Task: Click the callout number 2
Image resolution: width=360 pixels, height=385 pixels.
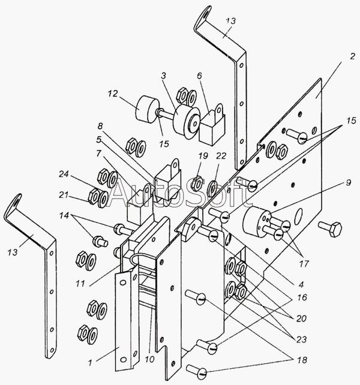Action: (352, 56)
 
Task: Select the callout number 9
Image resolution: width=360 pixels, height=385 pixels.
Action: (348, 183)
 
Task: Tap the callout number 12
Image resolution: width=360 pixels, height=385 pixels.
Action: (113, 94)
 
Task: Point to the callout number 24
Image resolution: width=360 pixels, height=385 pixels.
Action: (64, 175)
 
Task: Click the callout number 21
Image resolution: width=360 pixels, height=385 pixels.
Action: (64, 195)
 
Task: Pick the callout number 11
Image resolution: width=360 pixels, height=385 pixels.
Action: (80, 284)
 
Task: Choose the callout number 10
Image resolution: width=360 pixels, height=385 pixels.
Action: (149, 359)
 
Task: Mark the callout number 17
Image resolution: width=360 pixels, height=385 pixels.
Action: (304, 264)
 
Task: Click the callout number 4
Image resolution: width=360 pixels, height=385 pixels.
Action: (301, 285)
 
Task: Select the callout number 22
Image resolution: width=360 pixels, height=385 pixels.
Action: (221, 156)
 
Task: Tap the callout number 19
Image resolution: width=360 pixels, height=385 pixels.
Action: (203, 156)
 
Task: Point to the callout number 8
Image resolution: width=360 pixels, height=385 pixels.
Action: (100, 126)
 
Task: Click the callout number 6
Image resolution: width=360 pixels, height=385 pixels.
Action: (199, 76)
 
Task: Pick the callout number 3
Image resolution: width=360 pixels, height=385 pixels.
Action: (164, 76)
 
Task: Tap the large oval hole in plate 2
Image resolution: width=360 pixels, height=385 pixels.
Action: (299, 216)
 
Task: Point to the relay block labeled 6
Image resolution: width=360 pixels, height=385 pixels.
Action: (213, 125)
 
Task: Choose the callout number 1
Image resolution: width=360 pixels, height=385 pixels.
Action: (91, 363)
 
